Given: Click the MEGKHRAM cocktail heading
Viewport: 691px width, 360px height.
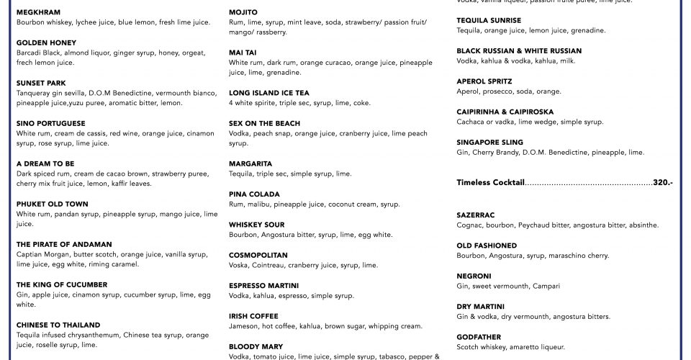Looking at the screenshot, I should [38, 12].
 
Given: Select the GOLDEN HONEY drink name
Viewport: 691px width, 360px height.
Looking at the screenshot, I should [46, 42].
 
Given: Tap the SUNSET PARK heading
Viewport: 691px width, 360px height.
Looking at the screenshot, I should [42, 83].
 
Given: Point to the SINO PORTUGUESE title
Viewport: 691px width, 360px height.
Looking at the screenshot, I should [50, 123].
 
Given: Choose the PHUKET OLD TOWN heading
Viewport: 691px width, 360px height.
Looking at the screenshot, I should [52, 204].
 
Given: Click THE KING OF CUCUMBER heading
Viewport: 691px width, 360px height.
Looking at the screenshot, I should [62, 284].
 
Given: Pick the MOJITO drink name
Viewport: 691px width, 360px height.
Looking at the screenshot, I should [243, 12].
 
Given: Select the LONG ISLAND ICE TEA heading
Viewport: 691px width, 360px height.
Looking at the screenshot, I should [269, 93].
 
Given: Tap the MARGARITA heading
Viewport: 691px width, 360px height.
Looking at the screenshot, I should [250, 163].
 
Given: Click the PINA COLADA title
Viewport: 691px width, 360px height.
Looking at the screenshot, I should [254, 194].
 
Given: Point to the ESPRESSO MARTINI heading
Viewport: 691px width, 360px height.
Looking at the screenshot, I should [263, 285].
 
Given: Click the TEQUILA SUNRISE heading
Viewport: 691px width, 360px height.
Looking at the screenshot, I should [489, 20].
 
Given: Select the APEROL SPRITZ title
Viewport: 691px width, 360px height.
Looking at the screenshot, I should [484, 81].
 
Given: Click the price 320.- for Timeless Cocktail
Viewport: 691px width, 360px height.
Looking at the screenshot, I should [662, 183].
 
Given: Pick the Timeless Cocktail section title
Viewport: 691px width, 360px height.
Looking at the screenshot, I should [490, 183].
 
